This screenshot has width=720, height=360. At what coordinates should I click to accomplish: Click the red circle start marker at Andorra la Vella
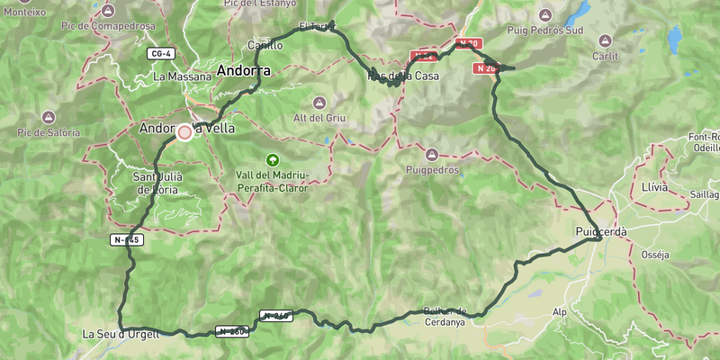[184, 132]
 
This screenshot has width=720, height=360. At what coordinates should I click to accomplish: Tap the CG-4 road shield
[160, 54]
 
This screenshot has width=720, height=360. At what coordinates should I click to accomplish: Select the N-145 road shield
[127, 239]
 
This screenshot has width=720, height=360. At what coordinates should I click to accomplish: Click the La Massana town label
[182, 76]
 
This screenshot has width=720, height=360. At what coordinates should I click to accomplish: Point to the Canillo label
[265, 45]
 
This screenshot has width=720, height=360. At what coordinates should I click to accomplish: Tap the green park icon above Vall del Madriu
[272, 158]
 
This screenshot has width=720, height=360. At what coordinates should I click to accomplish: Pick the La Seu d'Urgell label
[121, 334]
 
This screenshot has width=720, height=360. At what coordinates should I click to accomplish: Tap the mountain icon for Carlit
[605, 40]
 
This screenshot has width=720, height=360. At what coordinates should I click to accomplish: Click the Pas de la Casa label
[403, 76]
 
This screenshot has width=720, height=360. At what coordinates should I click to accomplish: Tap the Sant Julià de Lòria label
[157, 183]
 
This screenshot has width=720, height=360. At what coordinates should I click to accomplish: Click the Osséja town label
[654, 255]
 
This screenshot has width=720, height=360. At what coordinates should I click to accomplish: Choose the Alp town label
[559, 312]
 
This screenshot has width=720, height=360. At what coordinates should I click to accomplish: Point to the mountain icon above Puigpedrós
[431, 154]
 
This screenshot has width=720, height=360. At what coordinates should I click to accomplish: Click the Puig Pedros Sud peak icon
[546, 15]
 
